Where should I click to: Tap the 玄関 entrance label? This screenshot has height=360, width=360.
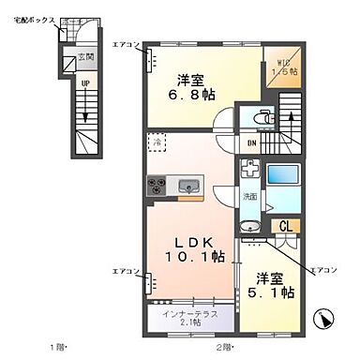tap(85, 59)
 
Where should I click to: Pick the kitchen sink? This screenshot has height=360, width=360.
tap(187, 184)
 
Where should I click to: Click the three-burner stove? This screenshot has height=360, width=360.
tap(156, 184)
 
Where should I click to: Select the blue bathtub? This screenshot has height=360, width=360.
tap(281, 178)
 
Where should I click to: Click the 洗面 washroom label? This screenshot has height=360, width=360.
tap(250, 198)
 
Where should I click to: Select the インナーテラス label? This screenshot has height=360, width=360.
tap(189, 312)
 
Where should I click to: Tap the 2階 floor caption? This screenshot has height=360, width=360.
tap(223, 351)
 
